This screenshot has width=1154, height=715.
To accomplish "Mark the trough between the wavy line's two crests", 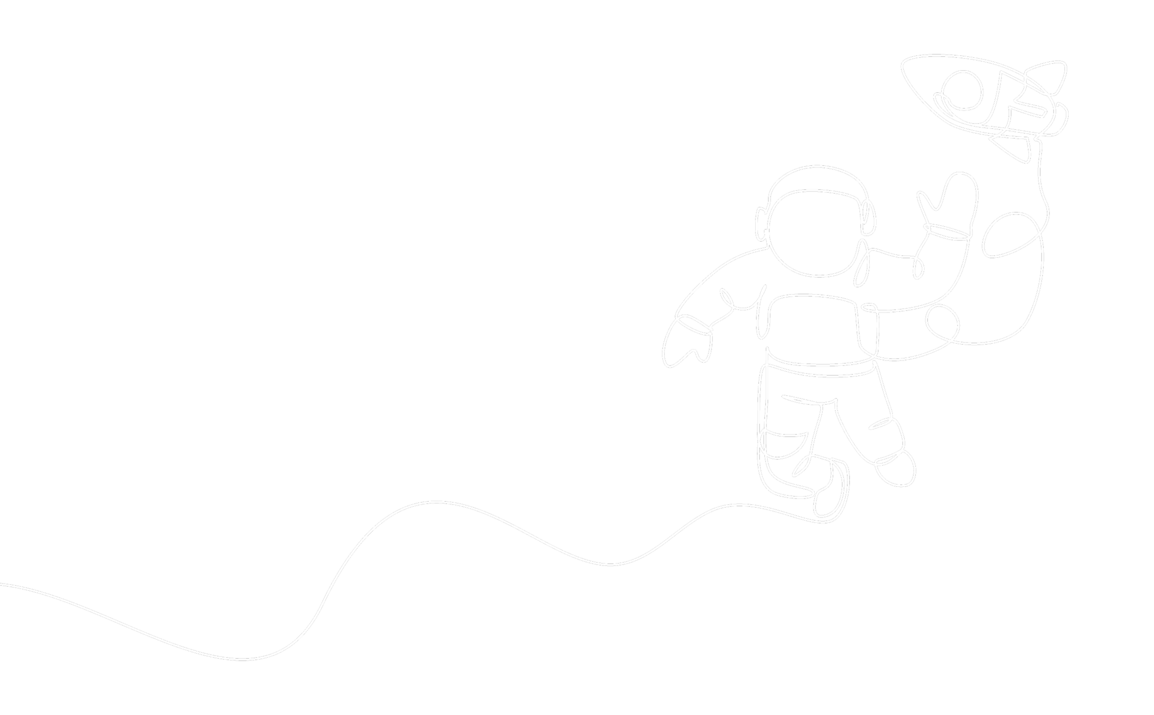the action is (x=610, y=564).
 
